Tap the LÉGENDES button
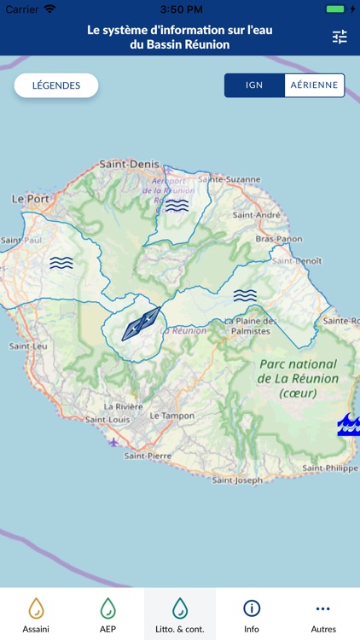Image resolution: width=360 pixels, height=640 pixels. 56,85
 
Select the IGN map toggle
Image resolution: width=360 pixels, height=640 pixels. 254,85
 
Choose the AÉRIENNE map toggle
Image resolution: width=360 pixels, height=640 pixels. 314,85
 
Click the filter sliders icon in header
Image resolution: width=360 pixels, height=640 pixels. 340,37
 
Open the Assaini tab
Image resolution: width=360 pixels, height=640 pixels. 36,614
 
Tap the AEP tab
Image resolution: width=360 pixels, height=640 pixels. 107,614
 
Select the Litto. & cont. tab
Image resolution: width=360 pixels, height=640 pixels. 180,614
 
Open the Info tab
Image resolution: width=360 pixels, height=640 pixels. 252,614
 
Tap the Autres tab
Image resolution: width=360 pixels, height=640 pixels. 323,614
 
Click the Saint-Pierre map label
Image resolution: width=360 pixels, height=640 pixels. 149,456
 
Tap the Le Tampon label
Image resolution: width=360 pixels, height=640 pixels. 167,415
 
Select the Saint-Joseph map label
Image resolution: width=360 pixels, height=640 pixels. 237,480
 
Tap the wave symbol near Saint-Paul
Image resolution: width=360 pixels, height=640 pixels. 61,263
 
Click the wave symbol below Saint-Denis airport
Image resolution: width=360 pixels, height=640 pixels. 177,206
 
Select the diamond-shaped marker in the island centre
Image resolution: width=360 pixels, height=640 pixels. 141,324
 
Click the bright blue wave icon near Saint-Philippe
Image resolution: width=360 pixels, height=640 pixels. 349,424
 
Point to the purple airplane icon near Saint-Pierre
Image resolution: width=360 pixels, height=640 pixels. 114,441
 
